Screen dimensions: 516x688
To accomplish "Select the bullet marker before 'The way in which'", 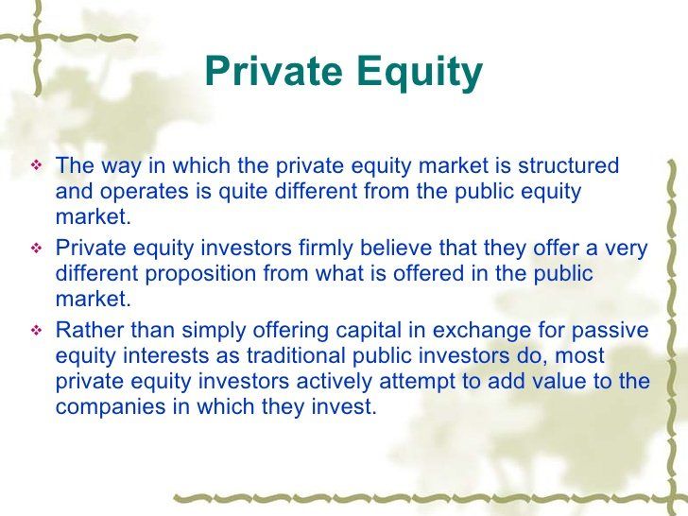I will [37, 167].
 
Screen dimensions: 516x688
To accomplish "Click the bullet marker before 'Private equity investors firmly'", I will [37, 249].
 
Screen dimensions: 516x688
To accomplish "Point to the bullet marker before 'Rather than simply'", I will [37, 331].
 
